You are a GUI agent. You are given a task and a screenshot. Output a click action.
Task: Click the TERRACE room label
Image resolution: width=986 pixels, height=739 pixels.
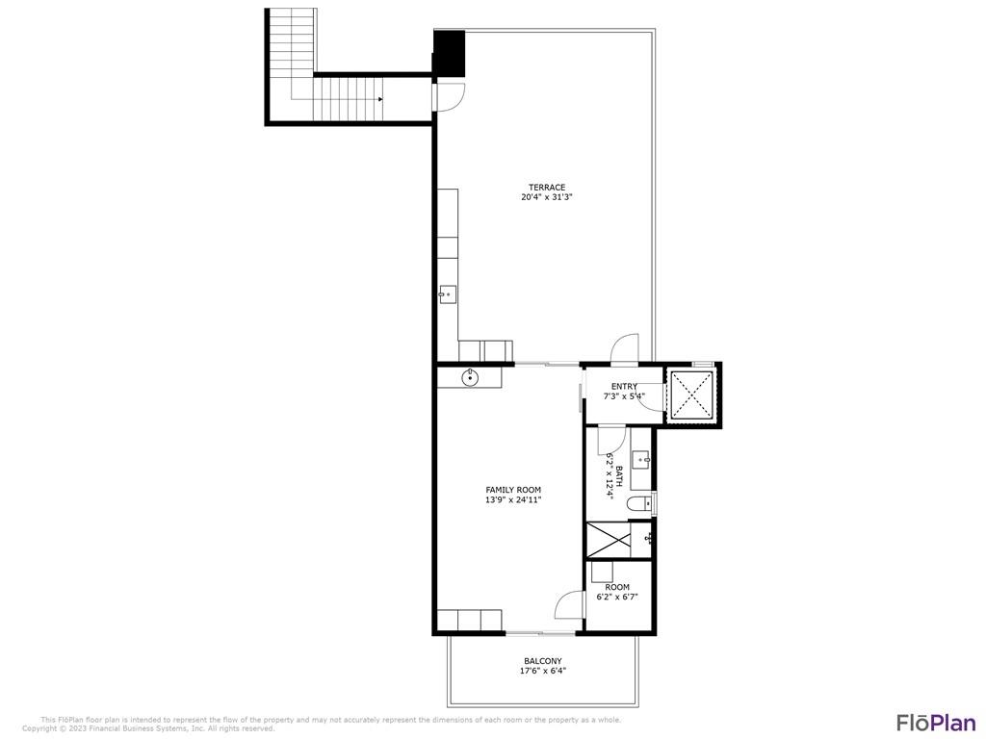click(x=546, y=188)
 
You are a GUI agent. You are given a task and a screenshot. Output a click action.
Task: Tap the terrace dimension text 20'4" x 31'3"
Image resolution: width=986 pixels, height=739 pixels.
click(x=546, y=198)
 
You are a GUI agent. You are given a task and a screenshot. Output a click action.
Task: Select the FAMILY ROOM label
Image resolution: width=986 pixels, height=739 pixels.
click(x=513, y=490)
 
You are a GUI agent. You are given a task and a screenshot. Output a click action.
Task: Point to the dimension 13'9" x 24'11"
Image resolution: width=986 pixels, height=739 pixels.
click(x=513, y=500)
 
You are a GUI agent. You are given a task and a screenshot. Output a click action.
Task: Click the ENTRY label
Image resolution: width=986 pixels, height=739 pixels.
click(x=624, y=387)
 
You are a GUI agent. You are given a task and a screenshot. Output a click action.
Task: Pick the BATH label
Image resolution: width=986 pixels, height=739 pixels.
click(x=619, y=475)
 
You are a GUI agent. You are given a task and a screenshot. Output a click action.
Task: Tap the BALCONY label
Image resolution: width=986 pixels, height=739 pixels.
click(x=543, y=661)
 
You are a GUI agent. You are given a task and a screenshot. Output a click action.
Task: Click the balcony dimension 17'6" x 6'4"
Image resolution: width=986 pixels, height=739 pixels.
click(x=543, y=671)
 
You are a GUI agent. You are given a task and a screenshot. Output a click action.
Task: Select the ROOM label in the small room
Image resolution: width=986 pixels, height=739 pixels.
click(x=617, y=587)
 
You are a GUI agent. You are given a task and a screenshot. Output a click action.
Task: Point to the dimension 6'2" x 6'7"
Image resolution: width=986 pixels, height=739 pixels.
click(x=617, y=597)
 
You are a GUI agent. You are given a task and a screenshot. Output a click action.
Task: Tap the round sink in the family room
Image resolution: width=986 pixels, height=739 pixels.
click(x=470, y=376)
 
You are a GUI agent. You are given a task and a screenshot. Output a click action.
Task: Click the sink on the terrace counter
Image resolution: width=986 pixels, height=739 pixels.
click(x=448, y=294)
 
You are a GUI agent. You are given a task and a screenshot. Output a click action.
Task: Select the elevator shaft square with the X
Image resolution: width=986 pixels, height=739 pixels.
click(x=690, y=395)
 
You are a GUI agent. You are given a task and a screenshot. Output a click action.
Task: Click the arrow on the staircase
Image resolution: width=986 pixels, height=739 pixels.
click(x=380, y=98)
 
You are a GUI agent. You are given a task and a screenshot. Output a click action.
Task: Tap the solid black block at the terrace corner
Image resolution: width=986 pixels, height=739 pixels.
click(x=449, y=52)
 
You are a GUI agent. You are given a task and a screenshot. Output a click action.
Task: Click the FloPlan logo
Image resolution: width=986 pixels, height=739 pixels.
click(x=936, y=723)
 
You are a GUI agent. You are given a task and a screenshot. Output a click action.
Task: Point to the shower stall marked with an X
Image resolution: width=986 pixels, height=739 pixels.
click(x=608, y=539)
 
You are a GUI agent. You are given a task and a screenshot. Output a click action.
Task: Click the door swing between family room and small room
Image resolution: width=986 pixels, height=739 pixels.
click(x=571, y=605)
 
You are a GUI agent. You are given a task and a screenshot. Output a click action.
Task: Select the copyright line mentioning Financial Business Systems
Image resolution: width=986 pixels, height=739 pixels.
click(x=148, y=728)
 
